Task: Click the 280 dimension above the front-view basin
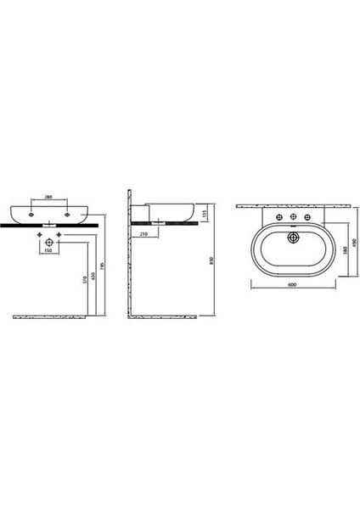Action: (48, 199)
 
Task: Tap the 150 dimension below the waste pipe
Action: (48, 251)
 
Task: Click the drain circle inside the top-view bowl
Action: (293, 238)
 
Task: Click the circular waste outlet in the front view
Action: (48, 243)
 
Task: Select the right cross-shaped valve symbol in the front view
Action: (59, 233)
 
